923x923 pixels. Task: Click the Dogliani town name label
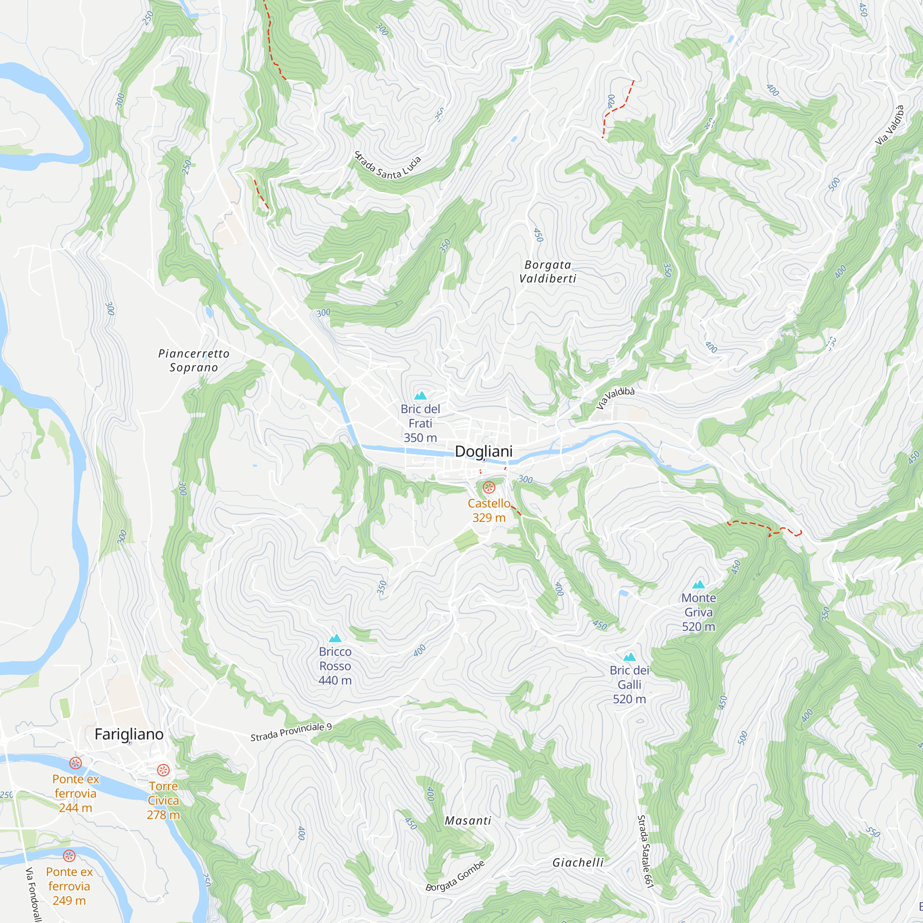(x=484, y=451)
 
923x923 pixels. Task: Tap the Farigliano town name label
(x=129, y=734)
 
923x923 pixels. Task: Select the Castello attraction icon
(x=489, y=487)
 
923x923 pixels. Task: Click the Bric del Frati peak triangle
(x=420, y=396)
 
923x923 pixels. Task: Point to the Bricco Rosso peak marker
(x=336, y=638)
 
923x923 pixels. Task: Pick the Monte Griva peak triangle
(x=698, y=584)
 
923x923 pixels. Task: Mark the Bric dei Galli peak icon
(x=629, y=657)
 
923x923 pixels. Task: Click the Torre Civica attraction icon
(x=163, y=770)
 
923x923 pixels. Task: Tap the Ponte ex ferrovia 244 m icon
(x=76, y=763)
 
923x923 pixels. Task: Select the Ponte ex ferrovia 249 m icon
(x=69, y=856)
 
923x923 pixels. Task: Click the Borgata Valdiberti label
(x=547, y=271)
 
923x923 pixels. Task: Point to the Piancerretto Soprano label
(x=194, y=360)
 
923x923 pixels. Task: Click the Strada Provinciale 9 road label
(x=291, y=732)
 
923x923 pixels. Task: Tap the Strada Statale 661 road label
(x=645, y=851)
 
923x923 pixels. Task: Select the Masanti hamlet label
(x=467, y=821)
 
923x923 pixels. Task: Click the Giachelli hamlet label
(x=578, y=863)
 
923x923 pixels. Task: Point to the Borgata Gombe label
(x=456, y=876)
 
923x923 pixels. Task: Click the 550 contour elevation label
(x=872, y=832)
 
